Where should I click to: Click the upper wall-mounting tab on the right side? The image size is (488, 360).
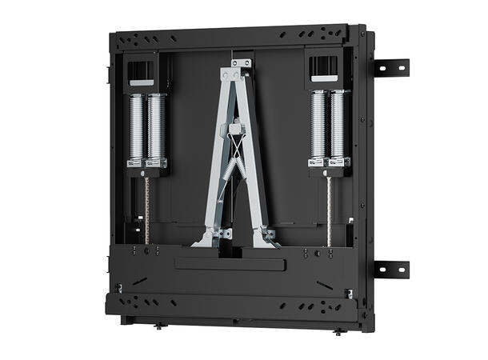(392, 67)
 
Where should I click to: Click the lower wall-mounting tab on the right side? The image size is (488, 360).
(392, 269)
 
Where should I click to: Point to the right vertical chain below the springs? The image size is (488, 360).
(329, 210)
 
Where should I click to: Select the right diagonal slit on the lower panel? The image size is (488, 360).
(324, 285)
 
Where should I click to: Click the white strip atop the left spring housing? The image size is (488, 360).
(141, 82)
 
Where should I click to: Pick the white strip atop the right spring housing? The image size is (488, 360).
(324, 78)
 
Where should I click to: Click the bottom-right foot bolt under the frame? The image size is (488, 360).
(337, 330)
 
